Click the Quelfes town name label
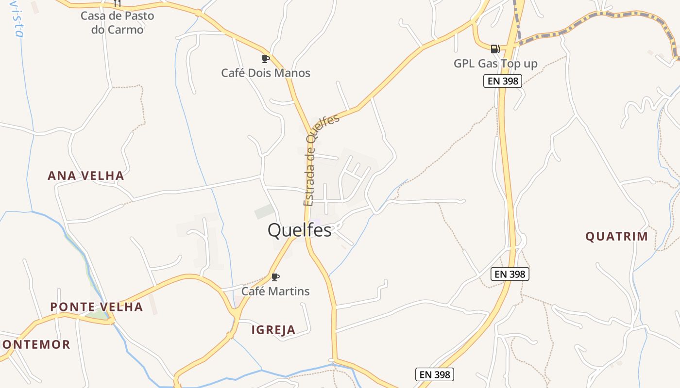299,230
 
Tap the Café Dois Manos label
266,73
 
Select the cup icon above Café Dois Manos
266,59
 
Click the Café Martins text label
275,291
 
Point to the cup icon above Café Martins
275,277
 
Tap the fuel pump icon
495,48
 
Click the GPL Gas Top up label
495,64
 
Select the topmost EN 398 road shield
503,81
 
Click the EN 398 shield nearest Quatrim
510,274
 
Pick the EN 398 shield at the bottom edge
435,374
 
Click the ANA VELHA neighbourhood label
86,176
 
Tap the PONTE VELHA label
97,307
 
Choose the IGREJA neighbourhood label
273,330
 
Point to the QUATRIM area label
616,237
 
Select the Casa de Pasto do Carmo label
118,23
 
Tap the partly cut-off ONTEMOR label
36,345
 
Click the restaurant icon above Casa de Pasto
117,3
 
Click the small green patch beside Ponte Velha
97,315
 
